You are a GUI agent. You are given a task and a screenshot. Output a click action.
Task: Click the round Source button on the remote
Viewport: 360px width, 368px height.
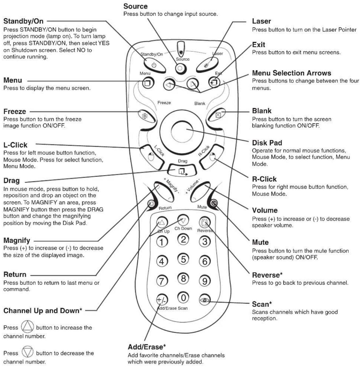click(x=180, y=68)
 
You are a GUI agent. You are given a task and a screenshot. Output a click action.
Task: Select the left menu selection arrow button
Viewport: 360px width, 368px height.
click(x=169, y=85)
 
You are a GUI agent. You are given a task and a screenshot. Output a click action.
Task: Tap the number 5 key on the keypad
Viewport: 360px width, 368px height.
click(x=183, y=259)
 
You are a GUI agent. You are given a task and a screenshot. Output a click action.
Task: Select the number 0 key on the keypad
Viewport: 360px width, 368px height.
click(x=183, y=297)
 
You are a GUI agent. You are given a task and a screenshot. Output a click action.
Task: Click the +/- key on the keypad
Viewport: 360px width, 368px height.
click(x=162, y=300)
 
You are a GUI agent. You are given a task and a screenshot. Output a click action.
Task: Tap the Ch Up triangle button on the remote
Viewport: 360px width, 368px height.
click(x=162, y=222)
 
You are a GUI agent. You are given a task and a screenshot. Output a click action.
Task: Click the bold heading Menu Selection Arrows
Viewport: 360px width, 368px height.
click(x=291, y=73)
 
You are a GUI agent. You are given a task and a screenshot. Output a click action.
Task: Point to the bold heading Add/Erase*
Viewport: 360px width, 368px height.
click(x=147, y=347)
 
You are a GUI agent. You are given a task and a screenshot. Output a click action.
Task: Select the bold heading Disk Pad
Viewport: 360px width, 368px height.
click(x=267, y=143)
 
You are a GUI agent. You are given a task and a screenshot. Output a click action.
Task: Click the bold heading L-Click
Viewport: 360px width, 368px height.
click(x=15, y=145)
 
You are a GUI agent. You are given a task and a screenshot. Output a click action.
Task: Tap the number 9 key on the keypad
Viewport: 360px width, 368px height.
click(x=205, y=281)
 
